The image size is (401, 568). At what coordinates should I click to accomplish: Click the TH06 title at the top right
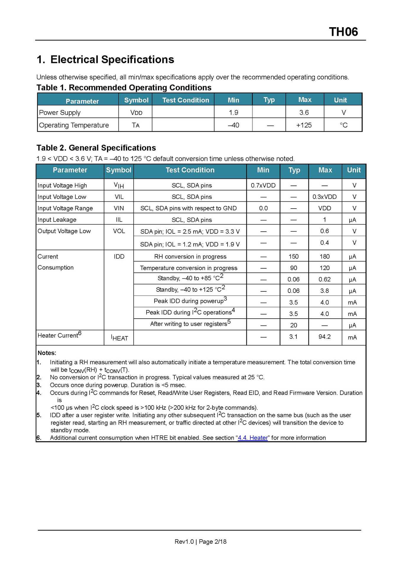click(x=343, y=32)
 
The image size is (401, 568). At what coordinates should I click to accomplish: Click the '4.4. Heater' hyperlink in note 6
click(x=253, y=438)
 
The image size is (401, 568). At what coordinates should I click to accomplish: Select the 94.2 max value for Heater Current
click(x=324, y=337)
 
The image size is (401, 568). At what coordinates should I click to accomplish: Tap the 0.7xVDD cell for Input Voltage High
click(x=263, y=185)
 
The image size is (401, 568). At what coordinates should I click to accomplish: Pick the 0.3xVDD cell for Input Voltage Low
click(x=324, y=197)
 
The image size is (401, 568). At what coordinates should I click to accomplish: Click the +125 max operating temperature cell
click(x=304, y=125)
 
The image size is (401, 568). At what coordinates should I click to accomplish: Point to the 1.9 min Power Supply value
click(x=233, y=112)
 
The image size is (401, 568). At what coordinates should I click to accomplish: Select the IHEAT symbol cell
click(x=119, y=338)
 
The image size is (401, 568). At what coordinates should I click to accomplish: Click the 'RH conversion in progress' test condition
click(x=190, y=256)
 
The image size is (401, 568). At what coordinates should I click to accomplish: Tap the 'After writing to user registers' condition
click(x=190, y=323)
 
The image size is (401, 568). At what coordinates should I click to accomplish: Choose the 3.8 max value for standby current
click(x=324, y=291)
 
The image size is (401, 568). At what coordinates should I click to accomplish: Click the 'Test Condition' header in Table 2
click(x=190, y=170)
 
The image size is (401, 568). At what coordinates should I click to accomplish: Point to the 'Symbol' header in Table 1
click(x=136, y=100)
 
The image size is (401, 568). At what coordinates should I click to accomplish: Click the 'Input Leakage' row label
click(x=57, y=220)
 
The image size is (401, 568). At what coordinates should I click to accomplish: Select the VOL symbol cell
click(x=119, y=231)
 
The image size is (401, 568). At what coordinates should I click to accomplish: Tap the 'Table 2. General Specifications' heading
click(x=96, y=148)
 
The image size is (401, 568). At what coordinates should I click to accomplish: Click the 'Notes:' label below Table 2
click(x=47, y=353)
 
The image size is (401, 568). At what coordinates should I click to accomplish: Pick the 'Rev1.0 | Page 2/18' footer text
click(x=200, y=541)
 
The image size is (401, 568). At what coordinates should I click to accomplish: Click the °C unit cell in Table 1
click(x=343, y=125)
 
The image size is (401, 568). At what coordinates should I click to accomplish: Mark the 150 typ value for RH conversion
click(x=293, y=256)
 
